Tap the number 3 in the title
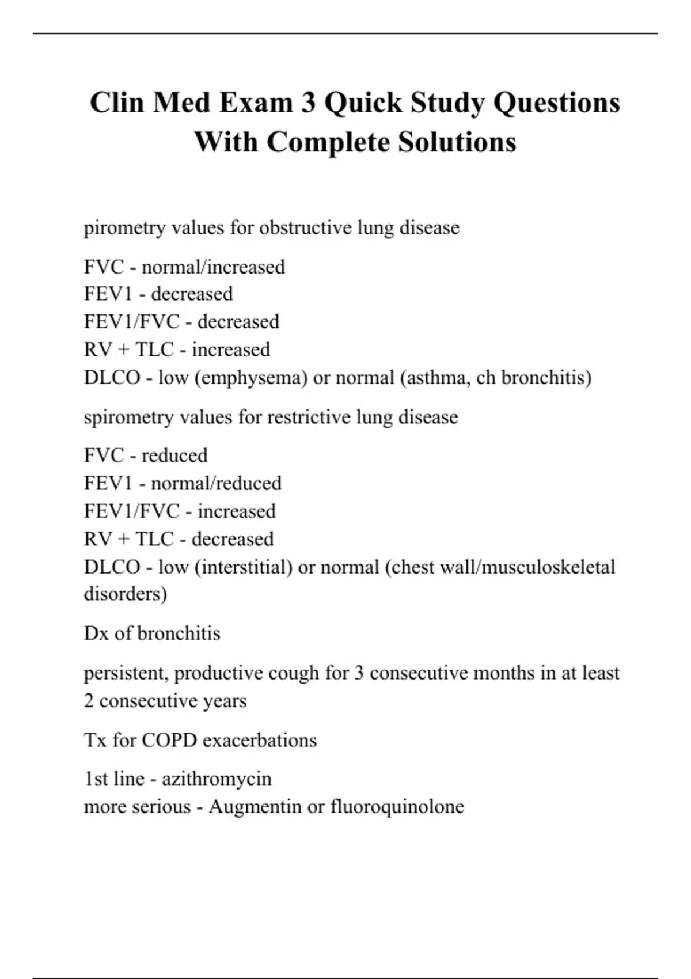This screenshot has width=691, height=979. [x=309, y=103]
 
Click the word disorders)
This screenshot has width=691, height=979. [x=126, y=594]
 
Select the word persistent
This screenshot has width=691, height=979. [x=126, y=673]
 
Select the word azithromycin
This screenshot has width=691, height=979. [x=217, y=779]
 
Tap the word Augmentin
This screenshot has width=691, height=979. [x=255, y=807]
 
